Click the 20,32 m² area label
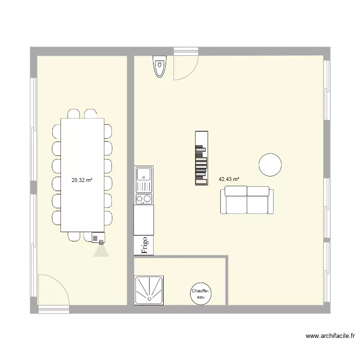(82, 180)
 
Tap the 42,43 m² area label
(229, 180)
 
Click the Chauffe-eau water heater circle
(200, 293)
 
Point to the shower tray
(149, 289)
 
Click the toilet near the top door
(159, 66)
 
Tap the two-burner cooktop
(144, 198)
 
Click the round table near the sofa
(270, 165)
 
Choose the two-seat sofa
(247, 201)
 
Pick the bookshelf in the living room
(201, 158)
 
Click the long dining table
(83, 175)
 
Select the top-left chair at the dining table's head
(74, 114)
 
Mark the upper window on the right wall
(327, 89)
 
